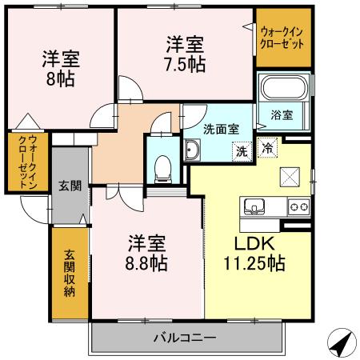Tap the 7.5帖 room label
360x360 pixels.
(186, 54)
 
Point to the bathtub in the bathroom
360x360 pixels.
(282, 89)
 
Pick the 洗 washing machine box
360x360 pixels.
(239, 149)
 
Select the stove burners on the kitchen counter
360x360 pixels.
(299, 207)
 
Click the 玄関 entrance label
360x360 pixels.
(70, 186)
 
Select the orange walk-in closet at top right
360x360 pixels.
(282, 37)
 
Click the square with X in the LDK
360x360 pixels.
(288, 177)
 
